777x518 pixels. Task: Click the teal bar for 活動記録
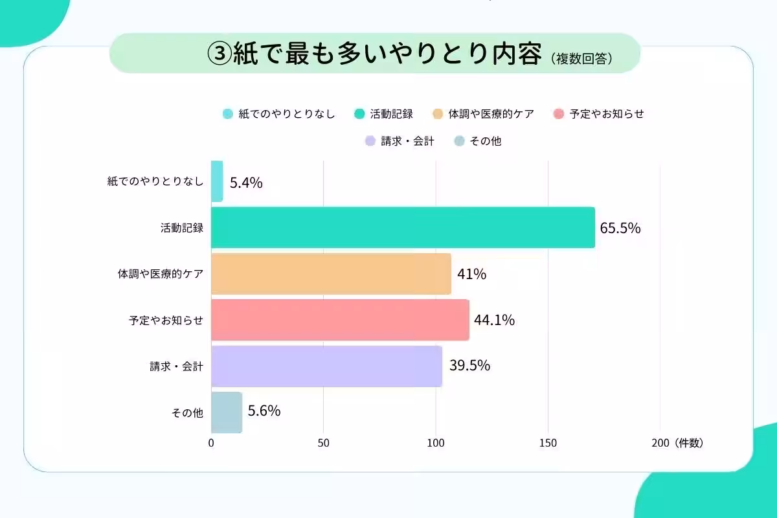coord(403,227)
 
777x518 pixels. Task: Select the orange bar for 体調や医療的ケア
coord(331,274)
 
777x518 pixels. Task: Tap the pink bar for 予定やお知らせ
coord(340,320)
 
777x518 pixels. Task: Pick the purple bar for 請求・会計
coord(326,366)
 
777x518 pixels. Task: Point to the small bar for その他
coord(227,412)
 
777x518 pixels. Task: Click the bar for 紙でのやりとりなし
coord(217,181)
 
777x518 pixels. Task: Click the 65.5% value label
coord(620,228)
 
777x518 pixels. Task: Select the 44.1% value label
coord(494,320)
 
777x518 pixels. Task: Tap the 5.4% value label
coord(246,183)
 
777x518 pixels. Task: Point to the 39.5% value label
coord(469,366)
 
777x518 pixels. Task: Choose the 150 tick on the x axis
coord(548,444)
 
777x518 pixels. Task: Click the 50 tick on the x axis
coord(324,444)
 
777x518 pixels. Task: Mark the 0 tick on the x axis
coord(211,444)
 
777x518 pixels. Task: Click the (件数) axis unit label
coord(688,444)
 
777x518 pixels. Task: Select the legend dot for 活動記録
coord(359,114)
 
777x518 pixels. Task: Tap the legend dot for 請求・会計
coord(370,141)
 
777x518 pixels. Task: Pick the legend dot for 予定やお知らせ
coord(559,114)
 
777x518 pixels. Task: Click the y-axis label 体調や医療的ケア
coord(160,274)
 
